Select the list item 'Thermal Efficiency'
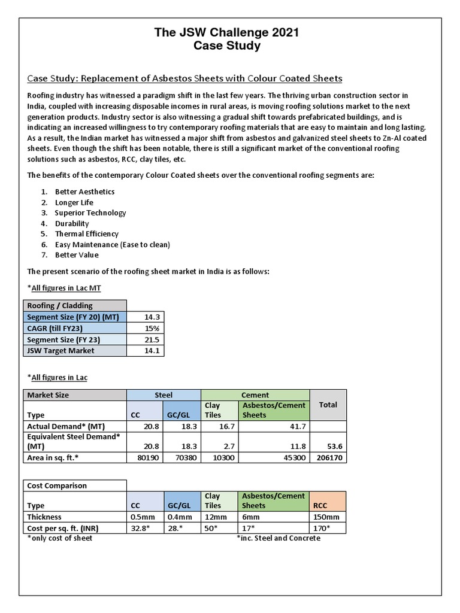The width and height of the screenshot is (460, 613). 87,234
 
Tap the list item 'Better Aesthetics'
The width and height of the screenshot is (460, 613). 84,192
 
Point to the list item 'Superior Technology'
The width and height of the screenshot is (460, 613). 90,213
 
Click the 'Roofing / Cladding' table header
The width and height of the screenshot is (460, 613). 74,305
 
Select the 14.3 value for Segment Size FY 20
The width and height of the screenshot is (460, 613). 152,317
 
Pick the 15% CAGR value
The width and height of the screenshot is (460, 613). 152,328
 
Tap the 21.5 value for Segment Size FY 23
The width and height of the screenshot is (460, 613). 152,339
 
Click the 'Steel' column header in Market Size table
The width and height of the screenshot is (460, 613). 164,395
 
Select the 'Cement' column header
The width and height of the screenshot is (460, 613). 255,395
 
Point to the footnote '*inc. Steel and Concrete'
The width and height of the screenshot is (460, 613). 279,538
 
